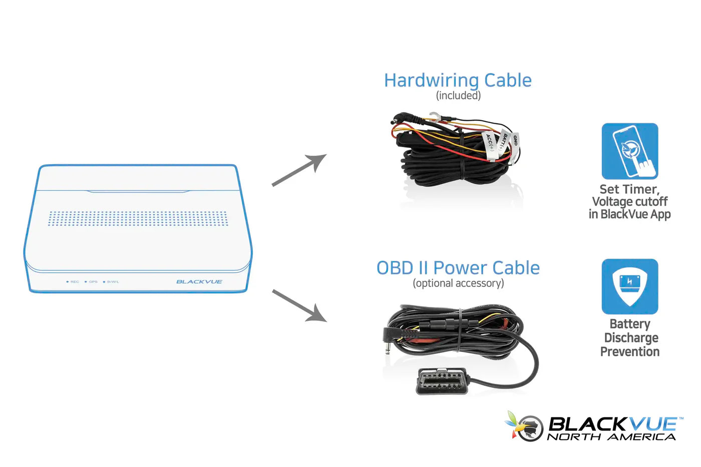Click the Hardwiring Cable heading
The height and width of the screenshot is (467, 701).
coord(458,80)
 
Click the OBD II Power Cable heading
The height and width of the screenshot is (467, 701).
coord(458,268)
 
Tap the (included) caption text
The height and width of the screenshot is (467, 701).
coord(458,96)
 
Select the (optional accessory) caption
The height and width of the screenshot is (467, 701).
coord(458,283)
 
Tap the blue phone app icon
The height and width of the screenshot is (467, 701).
coord(629,151)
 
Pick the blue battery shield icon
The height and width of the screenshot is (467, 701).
coord(629,286)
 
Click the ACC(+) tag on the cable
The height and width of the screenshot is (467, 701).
coord(490,143)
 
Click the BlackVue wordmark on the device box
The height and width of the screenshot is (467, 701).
coord(199,282)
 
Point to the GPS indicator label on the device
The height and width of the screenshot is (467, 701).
coord(93,282)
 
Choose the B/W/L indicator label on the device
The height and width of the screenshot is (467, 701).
coord(113,282)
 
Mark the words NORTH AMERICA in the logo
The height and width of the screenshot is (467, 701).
coord(611,437)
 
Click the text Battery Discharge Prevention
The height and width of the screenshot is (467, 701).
coord(630,338)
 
